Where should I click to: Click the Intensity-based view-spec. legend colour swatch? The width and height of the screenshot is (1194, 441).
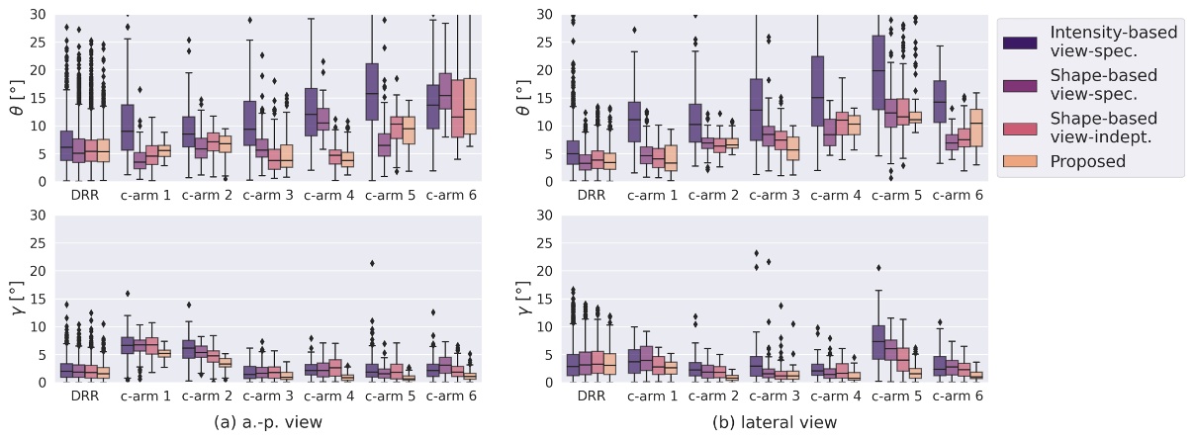(x=1019, y=42)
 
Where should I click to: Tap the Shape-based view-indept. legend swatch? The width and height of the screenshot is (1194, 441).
(x=1019, y=126)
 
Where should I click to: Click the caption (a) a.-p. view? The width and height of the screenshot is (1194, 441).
(x=269, y=422)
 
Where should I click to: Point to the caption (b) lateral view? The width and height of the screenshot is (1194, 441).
(x=775, y=422)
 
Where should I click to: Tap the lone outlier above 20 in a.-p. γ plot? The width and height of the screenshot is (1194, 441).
(x=371, y=263)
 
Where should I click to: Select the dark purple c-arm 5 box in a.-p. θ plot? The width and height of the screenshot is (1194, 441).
(x=371, y=92)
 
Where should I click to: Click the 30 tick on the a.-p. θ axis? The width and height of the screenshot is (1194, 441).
(x=38, y=15)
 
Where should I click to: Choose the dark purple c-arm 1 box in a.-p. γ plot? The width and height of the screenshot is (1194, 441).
(x=127, y=344)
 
